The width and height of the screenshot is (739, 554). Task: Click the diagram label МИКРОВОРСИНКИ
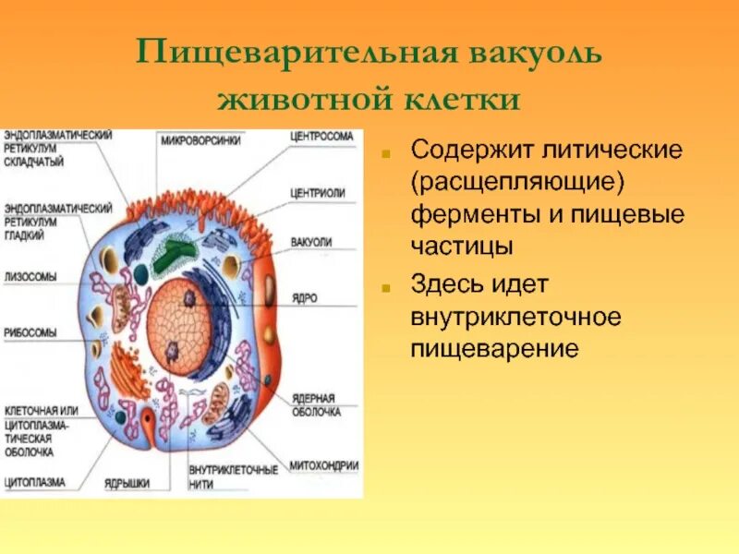pos(201,141)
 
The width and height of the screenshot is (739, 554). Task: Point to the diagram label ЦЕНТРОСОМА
pos(322,136)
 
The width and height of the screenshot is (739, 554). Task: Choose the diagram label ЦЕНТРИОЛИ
pos(318,193)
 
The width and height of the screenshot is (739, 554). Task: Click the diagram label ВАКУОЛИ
pos(311,241)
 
